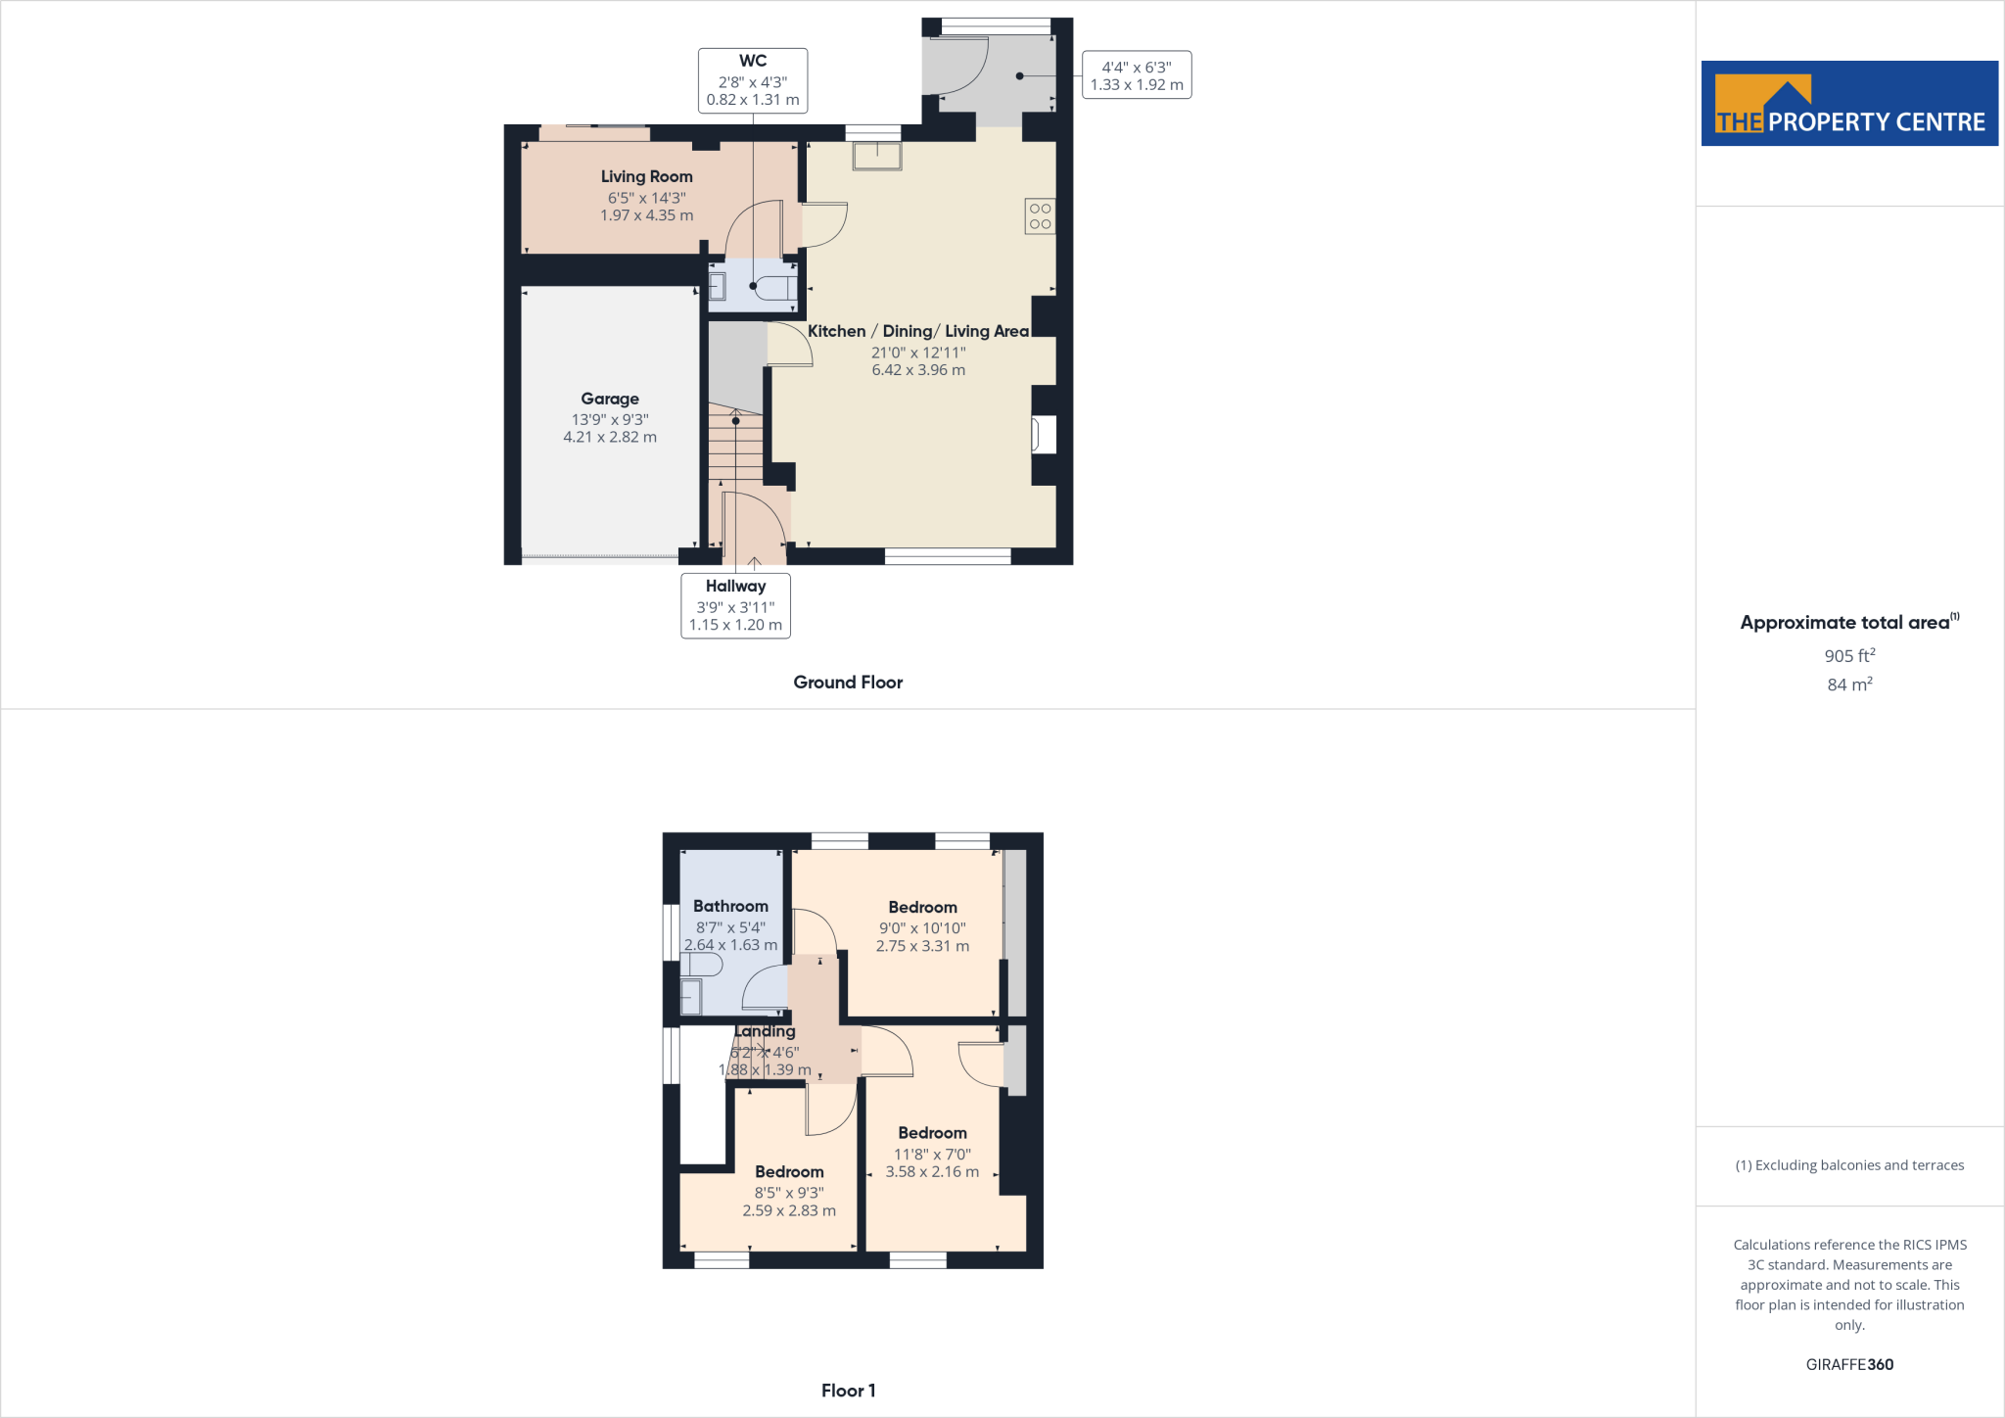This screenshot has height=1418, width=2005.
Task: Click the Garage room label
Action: coord(609,399)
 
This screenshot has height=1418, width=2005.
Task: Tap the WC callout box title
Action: coord(752,61)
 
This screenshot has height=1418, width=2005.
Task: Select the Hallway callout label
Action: coord(735,586)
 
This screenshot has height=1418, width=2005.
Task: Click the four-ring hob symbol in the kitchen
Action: coord(1040,216)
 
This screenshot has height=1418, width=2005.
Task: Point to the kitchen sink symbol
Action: coord(876,156)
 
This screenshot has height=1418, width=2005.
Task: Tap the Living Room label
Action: coord(646,176)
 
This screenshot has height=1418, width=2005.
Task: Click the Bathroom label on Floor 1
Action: coord(730,906)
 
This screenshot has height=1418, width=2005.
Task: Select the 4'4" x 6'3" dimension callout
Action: coord(1137,75)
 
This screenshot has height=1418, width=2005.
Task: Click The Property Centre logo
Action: coord(1848,104)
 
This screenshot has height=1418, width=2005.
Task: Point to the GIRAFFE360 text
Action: coord(1848,1364)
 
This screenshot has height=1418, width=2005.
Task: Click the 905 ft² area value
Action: coord(1848,655)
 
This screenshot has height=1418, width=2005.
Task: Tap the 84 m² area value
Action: coord(1848,685)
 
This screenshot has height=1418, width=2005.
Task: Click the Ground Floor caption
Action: coord(848,682)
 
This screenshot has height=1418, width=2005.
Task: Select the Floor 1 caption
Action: coord(848,1390)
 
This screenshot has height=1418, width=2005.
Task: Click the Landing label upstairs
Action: coord(765,1031)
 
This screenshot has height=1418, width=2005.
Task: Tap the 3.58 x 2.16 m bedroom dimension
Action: coord(932,1171)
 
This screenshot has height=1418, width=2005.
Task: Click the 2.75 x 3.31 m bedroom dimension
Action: coord(922,946)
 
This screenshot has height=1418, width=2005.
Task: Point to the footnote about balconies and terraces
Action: coord(1848,1165)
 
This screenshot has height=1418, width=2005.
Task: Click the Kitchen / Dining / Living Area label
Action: coord(917,331)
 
